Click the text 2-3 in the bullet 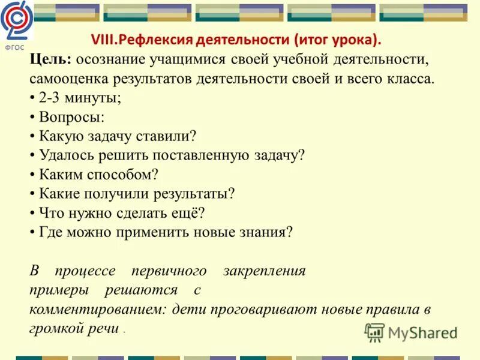51,98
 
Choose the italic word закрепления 265,271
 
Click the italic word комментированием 98,310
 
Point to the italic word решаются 141,290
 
